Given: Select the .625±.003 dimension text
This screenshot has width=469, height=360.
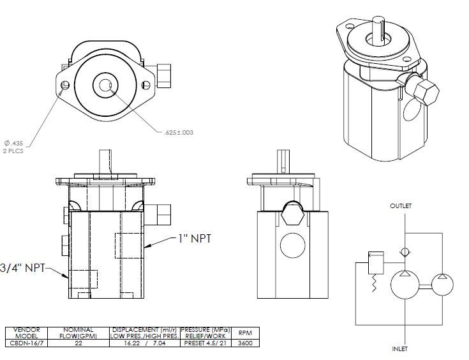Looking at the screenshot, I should (x=179, y=133).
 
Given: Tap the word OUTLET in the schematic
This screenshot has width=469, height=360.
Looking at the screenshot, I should (x=401, y=206).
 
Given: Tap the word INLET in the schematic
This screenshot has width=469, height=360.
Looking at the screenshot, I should (x=401, y=349).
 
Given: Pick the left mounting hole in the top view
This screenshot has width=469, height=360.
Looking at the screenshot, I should (x=64, y=86).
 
